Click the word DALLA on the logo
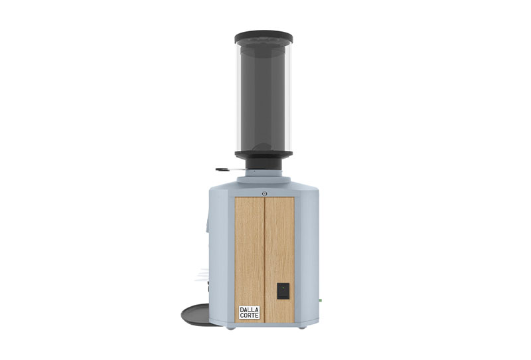coord(250,310)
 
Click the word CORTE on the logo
coord(250,315)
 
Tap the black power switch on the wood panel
coord(283,291)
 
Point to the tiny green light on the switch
coord(283,288)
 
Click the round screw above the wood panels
coord(264,193)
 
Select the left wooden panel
coord(250,259)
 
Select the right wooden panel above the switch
coord(279,239)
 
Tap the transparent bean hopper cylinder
coord(264,96)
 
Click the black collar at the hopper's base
coord(264,155)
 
